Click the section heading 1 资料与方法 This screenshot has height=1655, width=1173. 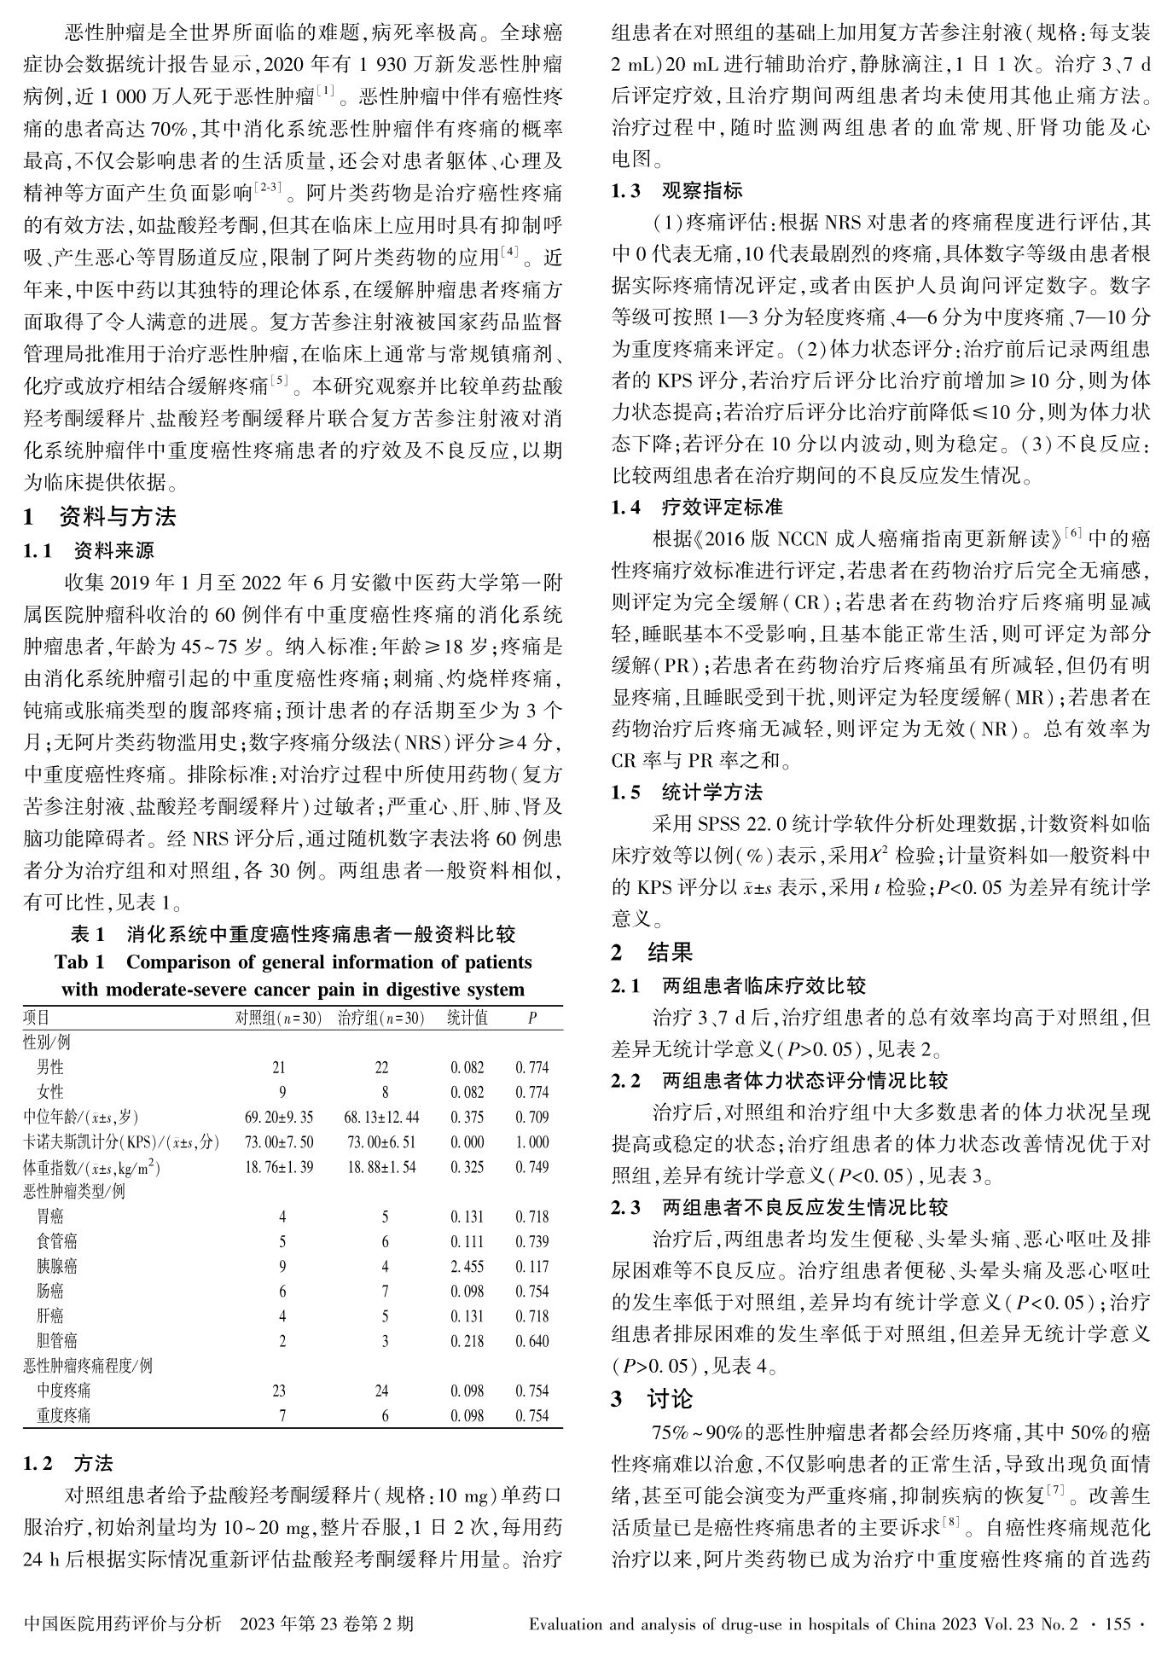pyautogui.click(x=100, y=517)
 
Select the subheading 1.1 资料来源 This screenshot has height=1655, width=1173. pyautogui.click(x=89, y=550)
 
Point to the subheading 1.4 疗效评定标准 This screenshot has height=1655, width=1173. pyautogui.click(x=697, y=508)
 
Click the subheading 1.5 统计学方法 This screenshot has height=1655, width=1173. pyautogui.click(x=687, y=793)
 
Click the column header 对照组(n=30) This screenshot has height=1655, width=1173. pyautogui.click(x=279, y=1018)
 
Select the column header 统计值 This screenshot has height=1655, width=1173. pyautogui.click(x=467, y=1018)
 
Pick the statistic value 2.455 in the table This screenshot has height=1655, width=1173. pyautogui.click(x=467, y=1267)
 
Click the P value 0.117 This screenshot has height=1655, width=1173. pyautogui.click(x=531, y=1267)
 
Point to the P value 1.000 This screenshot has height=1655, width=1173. pyautogui.click(x=531, y=1142)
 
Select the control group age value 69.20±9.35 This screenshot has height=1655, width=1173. pyautogui.click(x=279, y=1118)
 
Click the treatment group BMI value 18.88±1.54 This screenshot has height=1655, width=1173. pyautogui.click(x=381, y=1167)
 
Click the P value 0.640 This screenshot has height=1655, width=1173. pyautogui.click(x=531, y=1341)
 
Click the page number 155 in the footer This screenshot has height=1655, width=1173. pyautogui.click(x=1117, y=1623)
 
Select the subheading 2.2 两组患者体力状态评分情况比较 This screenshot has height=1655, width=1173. pyautogui.click(x=779, y=1081)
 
